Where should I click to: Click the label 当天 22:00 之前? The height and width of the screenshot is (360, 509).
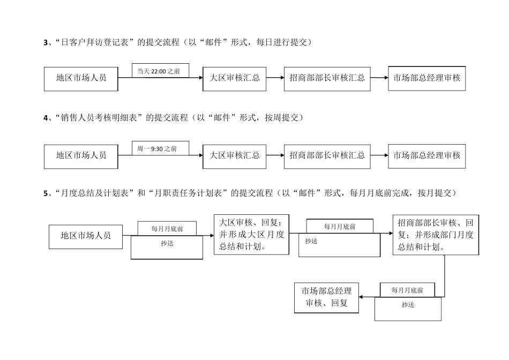coord(159,70)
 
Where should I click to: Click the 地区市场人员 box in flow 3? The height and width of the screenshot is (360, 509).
coord(81,78)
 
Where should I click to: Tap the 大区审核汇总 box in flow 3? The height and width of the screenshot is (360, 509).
coord(234,78)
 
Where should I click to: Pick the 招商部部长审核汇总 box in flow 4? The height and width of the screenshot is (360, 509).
coord(327,156)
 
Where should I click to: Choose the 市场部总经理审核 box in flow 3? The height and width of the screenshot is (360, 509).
coord(426,78)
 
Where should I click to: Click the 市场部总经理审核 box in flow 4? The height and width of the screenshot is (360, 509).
coord(426,156)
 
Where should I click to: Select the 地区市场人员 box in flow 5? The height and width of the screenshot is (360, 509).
coord(86,236)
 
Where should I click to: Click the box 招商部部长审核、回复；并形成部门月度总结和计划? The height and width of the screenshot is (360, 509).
coord(436,235)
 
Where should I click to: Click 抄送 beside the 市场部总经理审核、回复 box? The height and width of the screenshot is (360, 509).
coord(408,305)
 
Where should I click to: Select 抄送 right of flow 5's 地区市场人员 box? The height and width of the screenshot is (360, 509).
coord(167,244)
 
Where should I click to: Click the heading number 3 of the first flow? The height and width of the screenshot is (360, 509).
coord(46,42)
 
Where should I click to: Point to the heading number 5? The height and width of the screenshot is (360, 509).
coord(46,193)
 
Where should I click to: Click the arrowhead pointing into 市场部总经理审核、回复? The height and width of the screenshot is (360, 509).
coord(362,296)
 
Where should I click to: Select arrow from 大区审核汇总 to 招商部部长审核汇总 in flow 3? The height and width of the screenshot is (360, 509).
coord(275,78)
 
